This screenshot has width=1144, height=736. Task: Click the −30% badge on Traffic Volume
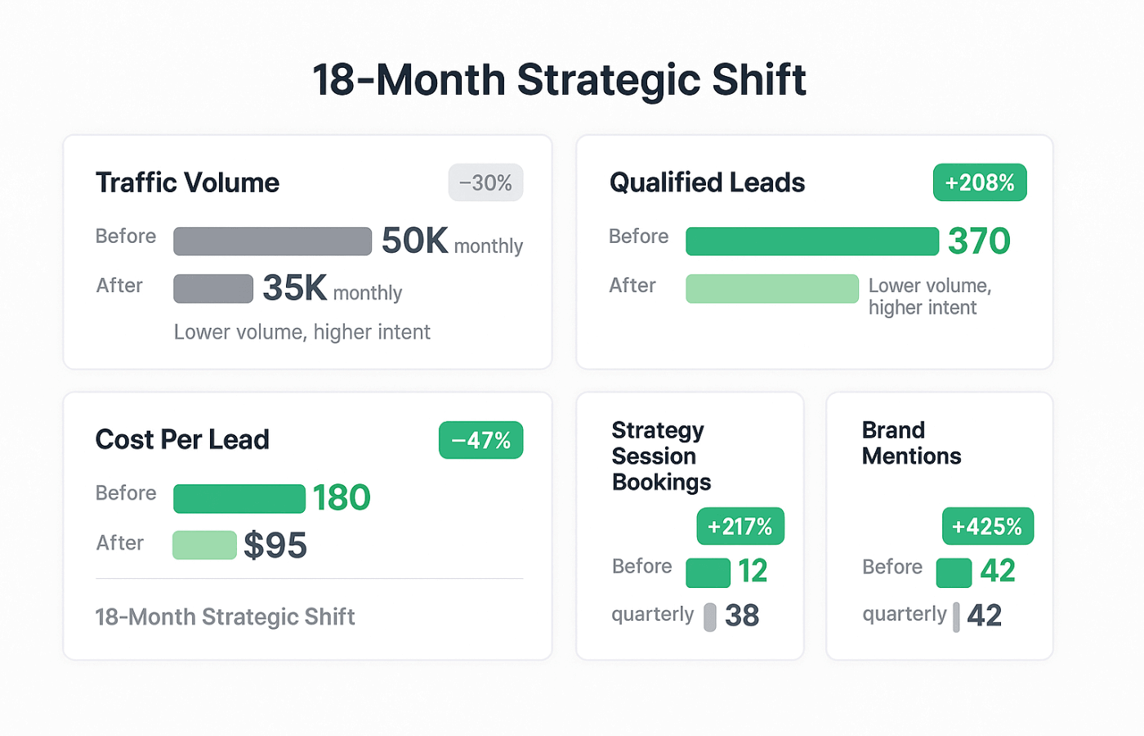[485, 183]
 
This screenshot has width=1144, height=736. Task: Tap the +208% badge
[980, 183]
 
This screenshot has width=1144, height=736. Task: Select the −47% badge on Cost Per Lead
[480, 441]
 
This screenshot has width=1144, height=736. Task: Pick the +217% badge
[740, 527]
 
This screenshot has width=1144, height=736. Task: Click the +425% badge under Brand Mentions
[987, 527]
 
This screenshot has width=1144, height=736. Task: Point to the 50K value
[414, 241]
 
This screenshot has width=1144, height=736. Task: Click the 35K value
[295, 289]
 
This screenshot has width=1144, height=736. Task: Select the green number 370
[979, 241]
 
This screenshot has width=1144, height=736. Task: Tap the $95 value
[275, 545]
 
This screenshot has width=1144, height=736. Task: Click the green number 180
[342, 498]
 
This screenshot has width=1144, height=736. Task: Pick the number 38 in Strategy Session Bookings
[742, 616]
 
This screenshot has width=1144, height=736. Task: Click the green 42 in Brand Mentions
[998, 571]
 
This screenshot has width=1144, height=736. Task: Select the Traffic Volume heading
[187, 183]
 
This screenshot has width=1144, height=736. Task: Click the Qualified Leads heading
[707, 183]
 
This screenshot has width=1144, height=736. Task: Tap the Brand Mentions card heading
[911, 443]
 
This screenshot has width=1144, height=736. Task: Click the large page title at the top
[559, 80]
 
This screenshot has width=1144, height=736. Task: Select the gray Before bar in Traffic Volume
[272, 241]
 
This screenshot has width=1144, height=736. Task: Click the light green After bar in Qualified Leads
[772, 289]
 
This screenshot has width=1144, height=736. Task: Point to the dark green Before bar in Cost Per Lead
[239, 498]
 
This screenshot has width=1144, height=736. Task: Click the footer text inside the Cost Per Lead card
[225, 617]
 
